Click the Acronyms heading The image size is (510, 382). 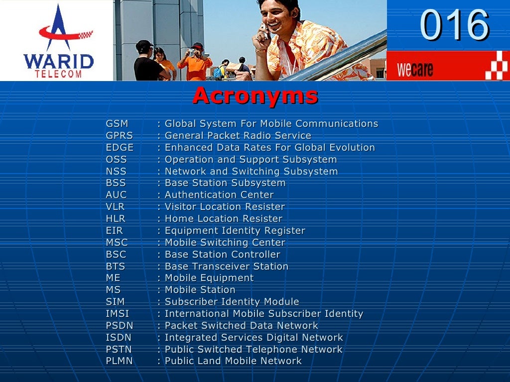[255, 95]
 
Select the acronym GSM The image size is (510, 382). [117, 124]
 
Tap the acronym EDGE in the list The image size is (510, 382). [120, 148]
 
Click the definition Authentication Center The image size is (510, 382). [219, 195]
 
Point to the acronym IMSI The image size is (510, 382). [118, 314]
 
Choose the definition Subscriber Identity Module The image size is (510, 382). [232, 302]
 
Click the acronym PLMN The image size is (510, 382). [120, 361]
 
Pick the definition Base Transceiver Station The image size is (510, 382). [226, 267]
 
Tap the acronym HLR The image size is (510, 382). [116, 219]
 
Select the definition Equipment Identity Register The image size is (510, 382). [235, 231]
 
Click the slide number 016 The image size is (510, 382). [454, 25]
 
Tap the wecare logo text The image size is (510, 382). [415, 69]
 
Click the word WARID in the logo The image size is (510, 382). [58, 62]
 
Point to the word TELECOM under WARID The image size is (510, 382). [58, 74]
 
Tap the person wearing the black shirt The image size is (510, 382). [146, 62]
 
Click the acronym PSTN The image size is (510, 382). [119, 350]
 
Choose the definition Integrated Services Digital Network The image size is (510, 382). [254, 338]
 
